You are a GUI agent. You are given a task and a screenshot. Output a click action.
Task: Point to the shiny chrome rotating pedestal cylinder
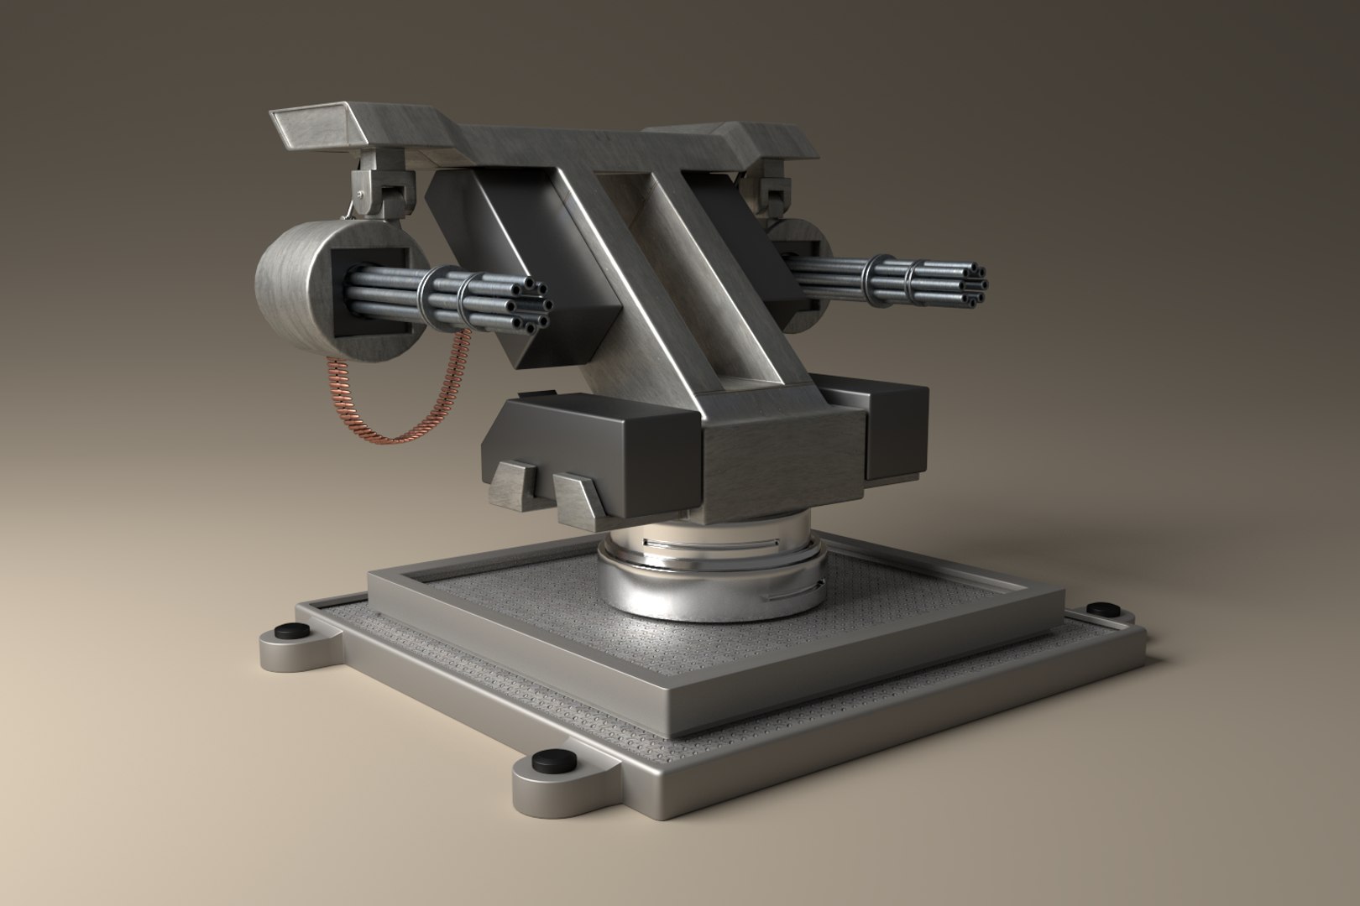[x=709, y=579]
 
